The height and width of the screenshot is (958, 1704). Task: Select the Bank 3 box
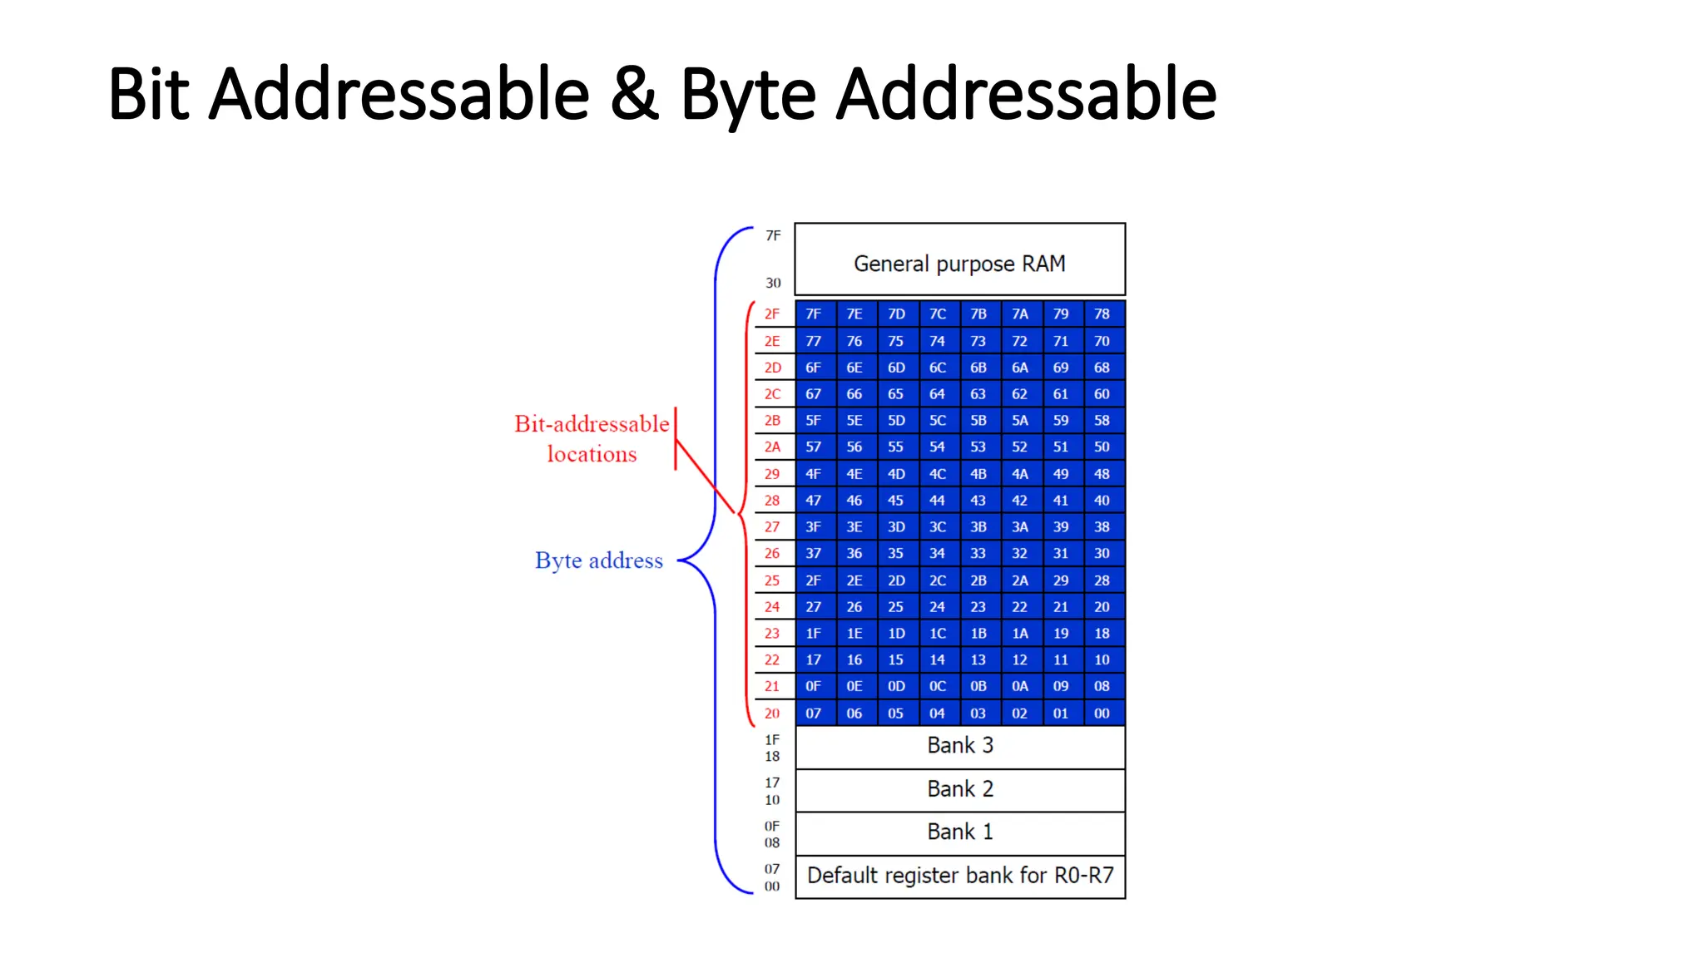coord(959,746)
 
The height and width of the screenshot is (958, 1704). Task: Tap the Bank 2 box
coord(959,789)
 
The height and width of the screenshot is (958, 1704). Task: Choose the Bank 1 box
coord(959,832)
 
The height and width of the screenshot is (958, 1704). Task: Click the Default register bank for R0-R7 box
coord(959,876)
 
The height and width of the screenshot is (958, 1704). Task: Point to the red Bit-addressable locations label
coord(592,438)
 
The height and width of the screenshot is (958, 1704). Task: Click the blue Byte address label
coord(599,560)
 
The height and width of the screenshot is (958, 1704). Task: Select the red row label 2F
coord(772,314)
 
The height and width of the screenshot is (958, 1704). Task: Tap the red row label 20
coord(772,714)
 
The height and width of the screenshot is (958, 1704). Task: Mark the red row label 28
coord(772,501)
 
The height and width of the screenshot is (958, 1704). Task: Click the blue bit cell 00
coord(1102,714)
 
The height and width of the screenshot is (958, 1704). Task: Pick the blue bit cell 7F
coord(813,314)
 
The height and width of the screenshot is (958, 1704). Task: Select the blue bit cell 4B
coord(978,474)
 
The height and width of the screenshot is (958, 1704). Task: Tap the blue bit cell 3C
coord(938,527)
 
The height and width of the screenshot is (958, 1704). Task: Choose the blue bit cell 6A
coord(1019,368)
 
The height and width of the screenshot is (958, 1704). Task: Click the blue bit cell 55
coord(895,447)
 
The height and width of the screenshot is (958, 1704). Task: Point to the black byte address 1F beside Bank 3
coord(772,739)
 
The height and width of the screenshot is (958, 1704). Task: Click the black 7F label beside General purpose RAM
coord(773,236)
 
